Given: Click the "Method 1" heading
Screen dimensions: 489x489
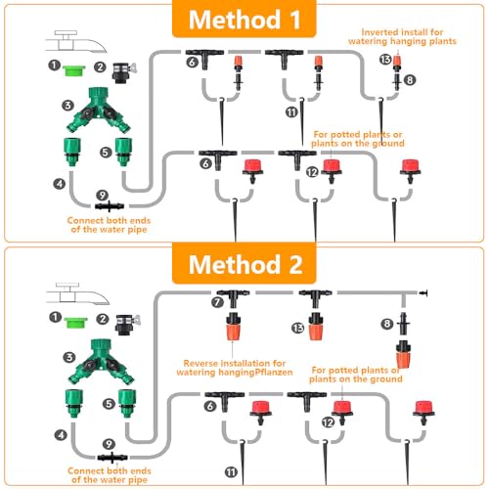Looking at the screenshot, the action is [x=244, y=20].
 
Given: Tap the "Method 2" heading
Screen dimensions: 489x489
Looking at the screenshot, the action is [x=245, y=264].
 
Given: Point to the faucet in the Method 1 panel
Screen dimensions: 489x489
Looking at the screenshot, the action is [x=75, y=42].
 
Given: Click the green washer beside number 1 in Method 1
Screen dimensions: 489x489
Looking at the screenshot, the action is [x=73, y=70].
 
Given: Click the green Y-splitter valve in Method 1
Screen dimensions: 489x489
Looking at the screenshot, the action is [x=99, y=110].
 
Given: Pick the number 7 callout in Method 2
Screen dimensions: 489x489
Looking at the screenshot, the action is [x=217, y=302].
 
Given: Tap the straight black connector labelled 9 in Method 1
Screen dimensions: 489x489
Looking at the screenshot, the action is [x=110, y=206].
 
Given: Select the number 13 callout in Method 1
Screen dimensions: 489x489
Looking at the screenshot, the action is [x=385, y=60].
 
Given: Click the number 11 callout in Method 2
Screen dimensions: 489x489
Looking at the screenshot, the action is [x=231, y=472].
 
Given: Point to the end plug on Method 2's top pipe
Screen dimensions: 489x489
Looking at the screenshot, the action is [x=423, y=293].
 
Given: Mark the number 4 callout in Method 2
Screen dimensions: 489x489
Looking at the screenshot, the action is [x=61, y=434].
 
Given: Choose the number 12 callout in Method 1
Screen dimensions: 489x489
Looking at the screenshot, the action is [x=312, y=172].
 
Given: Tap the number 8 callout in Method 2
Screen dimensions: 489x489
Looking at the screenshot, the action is [x=387, y=324].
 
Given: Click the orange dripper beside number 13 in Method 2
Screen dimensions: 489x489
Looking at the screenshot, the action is [x=316, y=326].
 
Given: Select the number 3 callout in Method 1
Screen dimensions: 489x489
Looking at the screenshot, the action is [x=67, y=106].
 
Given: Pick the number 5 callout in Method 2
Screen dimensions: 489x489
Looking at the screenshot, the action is [x=109, y=404].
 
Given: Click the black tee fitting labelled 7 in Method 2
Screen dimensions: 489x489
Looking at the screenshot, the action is [x=233, y=297].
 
